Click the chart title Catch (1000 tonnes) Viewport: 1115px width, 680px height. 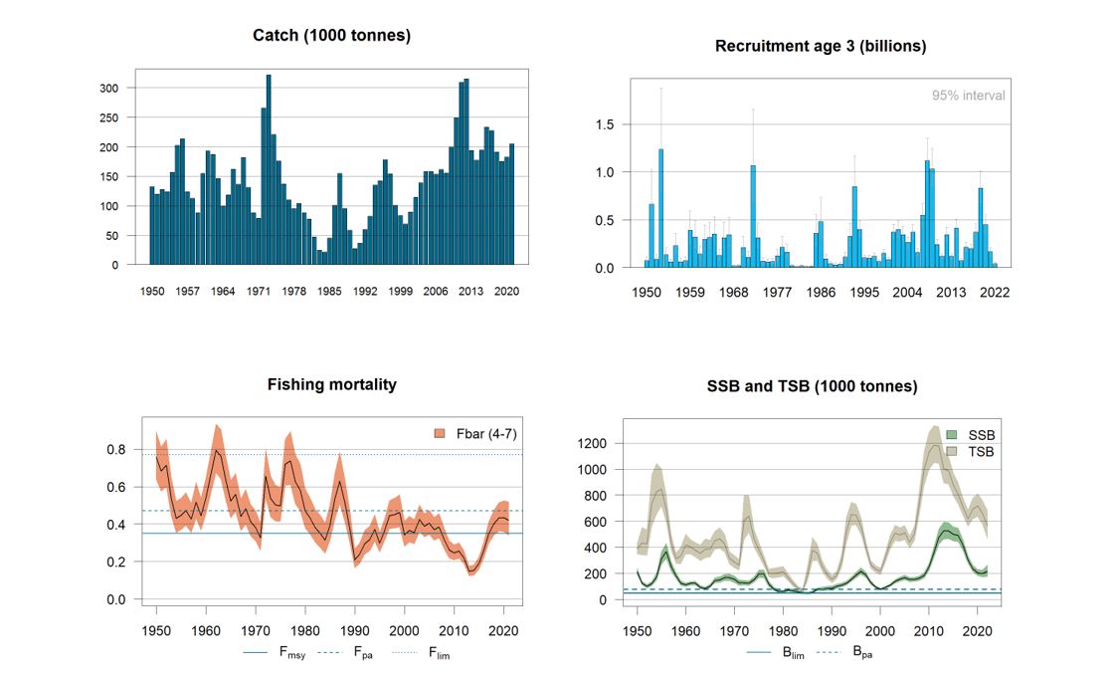[331, 36]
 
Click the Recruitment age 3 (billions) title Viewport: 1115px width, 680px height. [821, 47]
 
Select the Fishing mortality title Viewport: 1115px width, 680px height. [331, 384]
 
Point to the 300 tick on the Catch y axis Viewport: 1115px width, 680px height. [108, 89]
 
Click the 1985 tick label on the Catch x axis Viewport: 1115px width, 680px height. [329, 292]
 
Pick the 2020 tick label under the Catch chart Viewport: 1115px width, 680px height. [506, 292]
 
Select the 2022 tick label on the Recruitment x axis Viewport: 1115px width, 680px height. [994, 294]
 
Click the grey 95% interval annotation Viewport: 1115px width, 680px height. [968, 96]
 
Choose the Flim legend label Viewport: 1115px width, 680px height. [439, 654]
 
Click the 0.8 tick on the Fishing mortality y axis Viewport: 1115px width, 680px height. [117, 450]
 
